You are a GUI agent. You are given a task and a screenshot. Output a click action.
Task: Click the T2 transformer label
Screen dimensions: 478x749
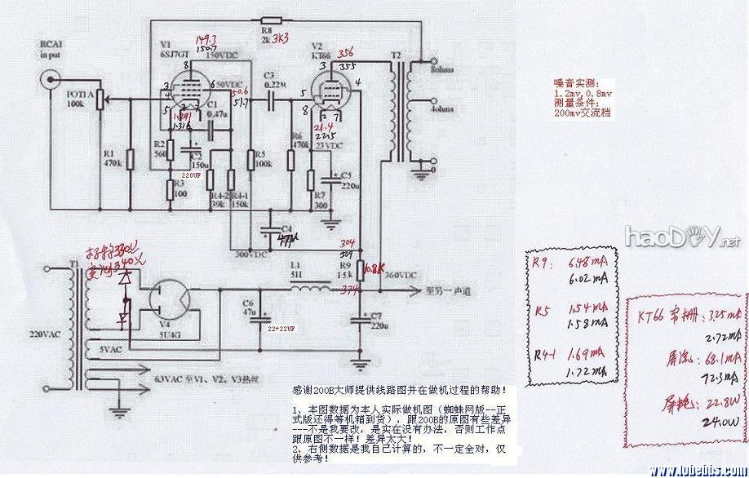click(397, 55)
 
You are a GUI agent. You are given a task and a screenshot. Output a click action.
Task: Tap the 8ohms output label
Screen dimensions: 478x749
click(445, 72)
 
